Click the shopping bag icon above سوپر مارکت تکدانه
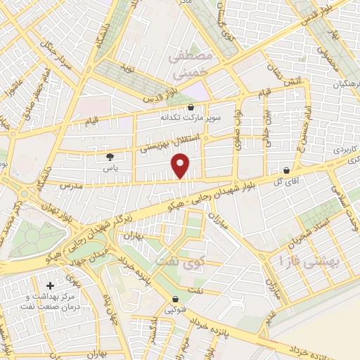click(x=191, y=108)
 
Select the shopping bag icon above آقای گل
click(x=286, y=170)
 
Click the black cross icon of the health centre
click(x=49, y=285)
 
